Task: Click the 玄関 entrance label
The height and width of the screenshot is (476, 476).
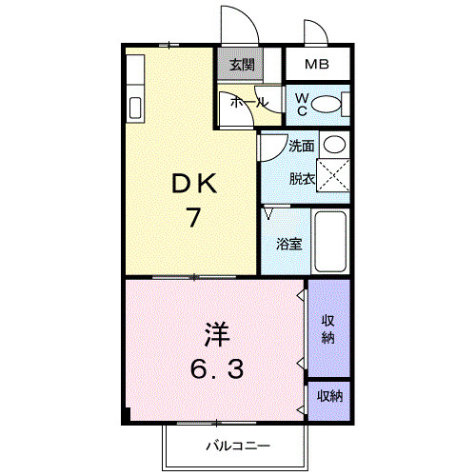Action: point(242,66)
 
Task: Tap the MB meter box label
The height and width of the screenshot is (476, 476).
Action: point(317,66)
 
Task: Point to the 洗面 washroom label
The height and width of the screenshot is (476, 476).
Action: point(302,147)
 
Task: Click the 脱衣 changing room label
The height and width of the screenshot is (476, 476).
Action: point(302,177)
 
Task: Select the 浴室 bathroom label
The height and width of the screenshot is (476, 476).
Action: point(288,243)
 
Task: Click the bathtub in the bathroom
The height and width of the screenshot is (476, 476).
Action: point(330,242)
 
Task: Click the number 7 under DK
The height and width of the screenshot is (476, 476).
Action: point(193,218)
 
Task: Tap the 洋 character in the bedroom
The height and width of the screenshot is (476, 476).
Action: point(214,336)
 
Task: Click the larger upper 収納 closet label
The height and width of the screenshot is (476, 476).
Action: point(327,329)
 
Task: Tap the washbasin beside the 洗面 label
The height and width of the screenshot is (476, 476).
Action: point(333,146)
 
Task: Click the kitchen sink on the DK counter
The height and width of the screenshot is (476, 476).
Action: point(134,106)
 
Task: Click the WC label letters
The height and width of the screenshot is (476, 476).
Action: point(301,103)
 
